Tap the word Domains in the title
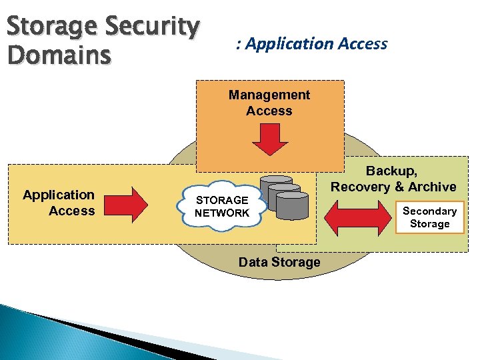[59, 56]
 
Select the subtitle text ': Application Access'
[311, 44]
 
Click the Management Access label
[269, 103]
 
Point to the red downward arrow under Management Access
[269, 139]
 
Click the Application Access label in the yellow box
[59, 203]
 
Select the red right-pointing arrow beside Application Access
[133, 205]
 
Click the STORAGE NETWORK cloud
[221, 207]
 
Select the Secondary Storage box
[429, 217]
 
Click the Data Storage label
[279, 262]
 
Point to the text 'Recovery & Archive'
[393, 187]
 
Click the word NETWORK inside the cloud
[221, 213]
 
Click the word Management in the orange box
[269, 95]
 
